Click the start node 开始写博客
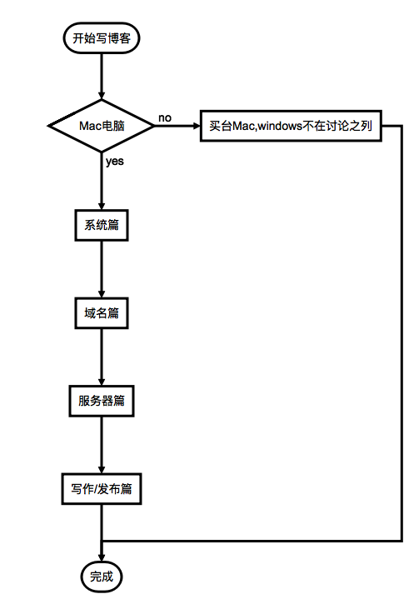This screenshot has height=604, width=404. point(102,37)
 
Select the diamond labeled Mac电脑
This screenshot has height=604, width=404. point(102,126)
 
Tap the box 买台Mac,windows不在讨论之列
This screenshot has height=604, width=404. point(291,126)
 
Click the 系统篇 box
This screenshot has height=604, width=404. point(102,225)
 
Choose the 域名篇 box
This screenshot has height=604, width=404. point(102,313)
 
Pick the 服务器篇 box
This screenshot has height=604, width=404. point(102,401)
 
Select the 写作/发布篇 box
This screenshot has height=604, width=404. point(102,489)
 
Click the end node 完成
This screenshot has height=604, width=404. point(102,577)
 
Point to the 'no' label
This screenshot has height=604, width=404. point(165,117)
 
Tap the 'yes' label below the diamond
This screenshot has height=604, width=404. point(115,161)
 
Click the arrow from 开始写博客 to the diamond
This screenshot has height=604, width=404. point(102,77)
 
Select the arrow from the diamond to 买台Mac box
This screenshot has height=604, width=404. point(177,126)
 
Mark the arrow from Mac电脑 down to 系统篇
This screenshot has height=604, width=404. point(102,181)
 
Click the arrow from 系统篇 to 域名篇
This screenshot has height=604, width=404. point(102,269)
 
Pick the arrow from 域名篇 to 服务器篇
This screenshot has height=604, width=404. point(102,357)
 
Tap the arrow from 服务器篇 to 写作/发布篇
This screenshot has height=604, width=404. point(102,445)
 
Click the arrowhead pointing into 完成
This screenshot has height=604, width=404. point(102,558)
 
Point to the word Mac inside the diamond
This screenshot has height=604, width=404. point(89,126)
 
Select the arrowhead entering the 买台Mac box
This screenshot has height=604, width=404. point(197,126)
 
